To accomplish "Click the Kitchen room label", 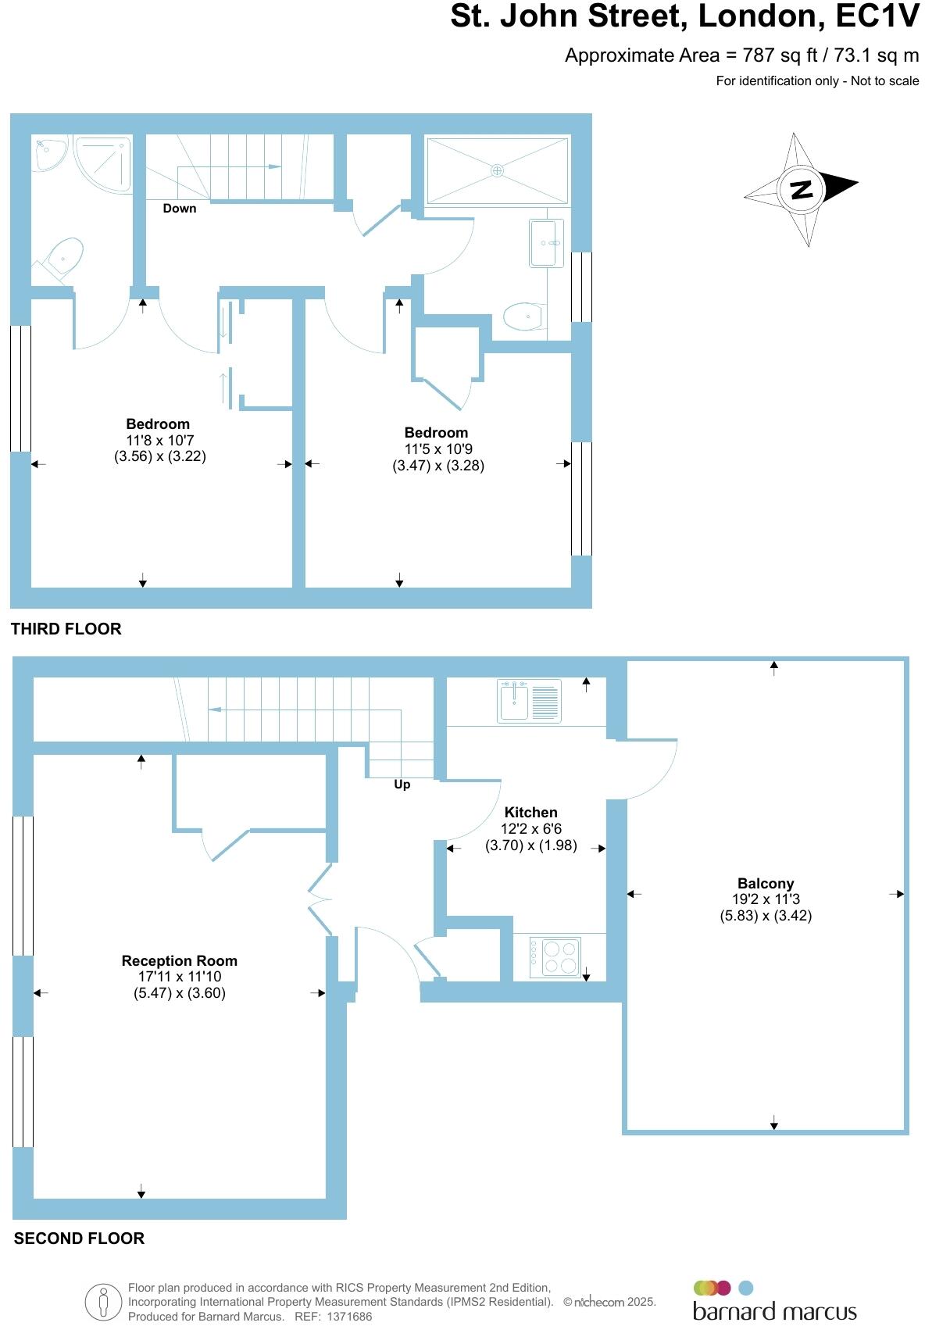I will coord(530,813).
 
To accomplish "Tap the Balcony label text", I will coord(765,884).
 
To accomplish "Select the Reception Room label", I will coord(179,961).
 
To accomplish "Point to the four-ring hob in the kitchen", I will coord(555,956).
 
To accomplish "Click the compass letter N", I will coord(802,189).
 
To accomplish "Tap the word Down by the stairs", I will coord(180,209).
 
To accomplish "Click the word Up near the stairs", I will coord(402,785).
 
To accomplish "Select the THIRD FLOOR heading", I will coord(66,629).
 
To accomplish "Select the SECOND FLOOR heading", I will coord(79,1239).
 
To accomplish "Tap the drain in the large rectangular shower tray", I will coord(497,170).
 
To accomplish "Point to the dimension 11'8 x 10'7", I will coord(159,441).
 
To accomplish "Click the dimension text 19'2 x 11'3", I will coord(765,899).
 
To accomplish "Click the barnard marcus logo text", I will coord(774,1312).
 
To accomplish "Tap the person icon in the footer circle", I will coord(103,1303).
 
